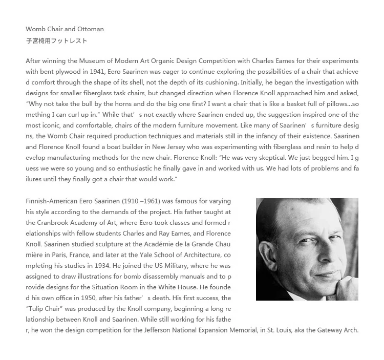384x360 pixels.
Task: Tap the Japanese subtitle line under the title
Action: [56, 40]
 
